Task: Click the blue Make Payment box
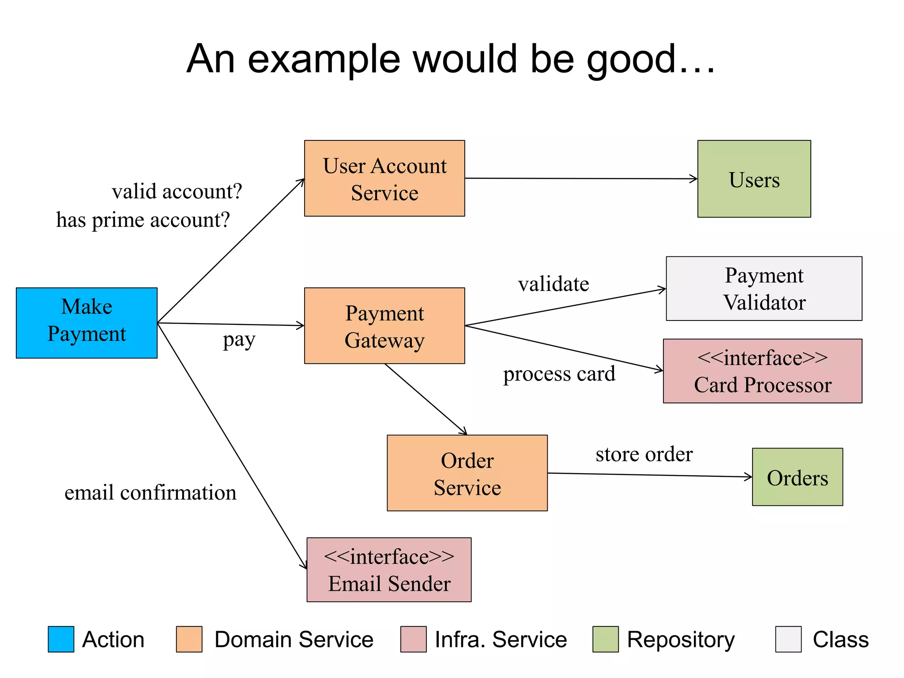pyautogui.click(x=87, y=323)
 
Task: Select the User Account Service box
pyautogui.click(x=384, y=178)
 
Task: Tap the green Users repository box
pyautogui.click(x=754, y=179)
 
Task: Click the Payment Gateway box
pyautogui.click(x=384, y=326)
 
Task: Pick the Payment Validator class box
pyautogui.click(x=764, y=288)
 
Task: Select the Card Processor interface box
pyautogui.click(x=762, y=371)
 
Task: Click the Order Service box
pyautogui.click(x=467, y=473)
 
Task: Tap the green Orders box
pyautogui.click(x=797, y=477)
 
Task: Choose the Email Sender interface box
pyautogui.click(x=389, y=569)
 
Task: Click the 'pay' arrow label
pyautogui.click(x=239, y=340)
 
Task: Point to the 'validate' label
pyautogui.click(x=554, y=284)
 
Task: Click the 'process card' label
pyautogui.click(x=559, y=374)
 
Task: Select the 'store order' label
pyautogui.click(x=644, y=454)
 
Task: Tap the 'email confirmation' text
pyautogui.click(x=151, y=493)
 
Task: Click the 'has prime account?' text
pyautogui.click(x=143, y=220)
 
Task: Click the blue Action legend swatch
pyautogui.click(x=61, y=639)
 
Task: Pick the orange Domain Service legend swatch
pyautogui.click(x=189, y=639)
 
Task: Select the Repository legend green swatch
pyautogui.click(x=605, y=639)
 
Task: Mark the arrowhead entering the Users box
pyautogui.click(x=694, y=179)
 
